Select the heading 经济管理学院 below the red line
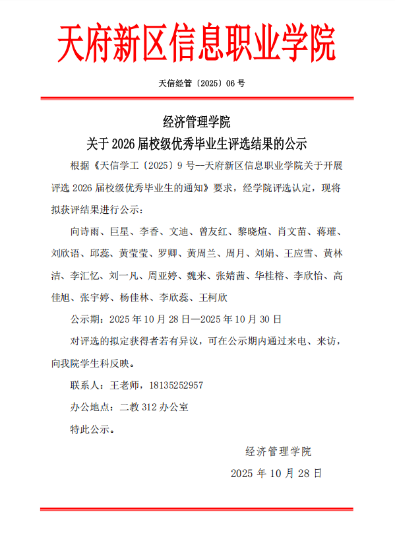pyautogui.click(x=197, y=121)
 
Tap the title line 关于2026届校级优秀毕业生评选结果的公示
pyautogui.click(x=197, y=143)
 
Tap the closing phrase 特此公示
pyautogui.click(x=92, y=429)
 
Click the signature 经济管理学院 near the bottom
pyautogui.click(x=278, y=451)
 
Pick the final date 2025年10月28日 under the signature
pyautogui.click(x=276, y=473)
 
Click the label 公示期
pyautogui.click(x=85, y=319)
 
